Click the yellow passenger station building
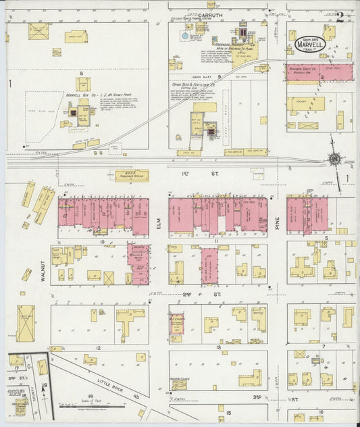[131, 176]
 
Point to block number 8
[81, 72]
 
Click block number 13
[217, 347]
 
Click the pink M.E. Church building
[177, 324]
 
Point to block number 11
[217, 241]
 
